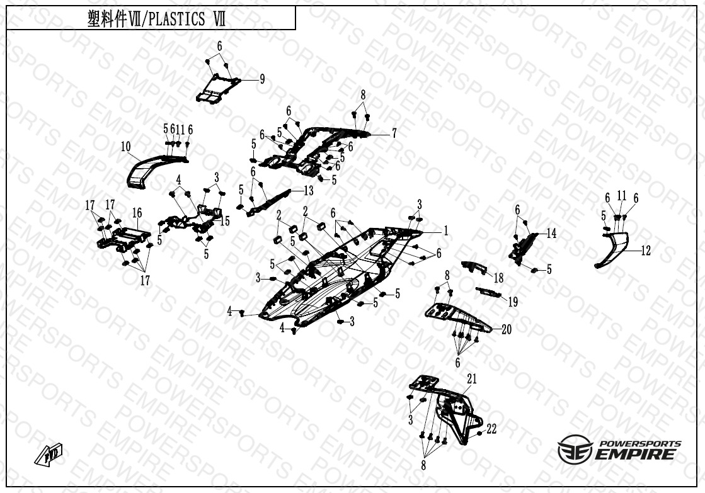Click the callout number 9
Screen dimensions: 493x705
tap(262, 79)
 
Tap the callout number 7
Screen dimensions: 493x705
tap(394, 133)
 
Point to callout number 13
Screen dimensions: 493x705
tap(308, 190)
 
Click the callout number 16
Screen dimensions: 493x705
tap(137, 212)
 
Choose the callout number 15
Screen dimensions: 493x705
tap(225, 221)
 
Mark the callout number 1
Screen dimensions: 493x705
tap(445, 231)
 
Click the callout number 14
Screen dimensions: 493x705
tap(551, 234)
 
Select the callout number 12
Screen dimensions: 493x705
tap(646, 251)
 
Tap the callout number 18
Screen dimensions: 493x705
tap(498, 278)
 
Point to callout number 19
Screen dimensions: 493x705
tap(513, 302)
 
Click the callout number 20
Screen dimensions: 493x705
tap(507, 329)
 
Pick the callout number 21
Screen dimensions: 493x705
tap(472, 378)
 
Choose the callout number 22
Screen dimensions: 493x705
tap(491, 429)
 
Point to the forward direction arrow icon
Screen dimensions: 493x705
tap(49, 453)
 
